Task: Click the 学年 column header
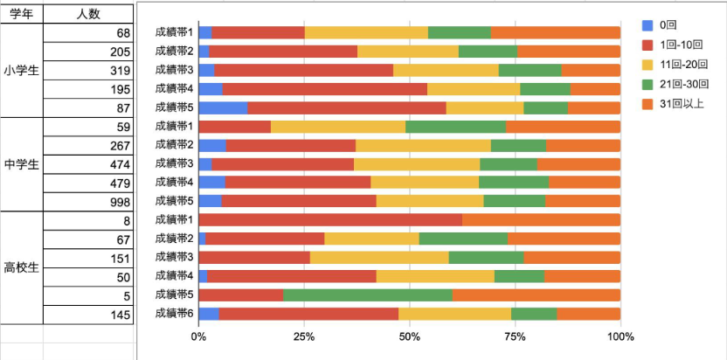click(22, 13)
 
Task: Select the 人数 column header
click(87, 13)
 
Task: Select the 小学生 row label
click(22, 70)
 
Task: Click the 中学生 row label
click(22, 163)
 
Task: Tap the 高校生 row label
click(22, 267)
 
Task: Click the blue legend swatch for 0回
click(647, 25)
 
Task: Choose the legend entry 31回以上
click(682, 104)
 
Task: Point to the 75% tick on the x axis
click(515, 336)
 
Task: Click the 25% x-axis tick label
click(304, 336)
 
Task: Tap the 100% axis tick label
click(620, 336)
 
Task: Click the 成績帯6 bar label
click(174, 313)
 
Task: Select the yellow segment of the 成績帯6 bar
click(454, 313)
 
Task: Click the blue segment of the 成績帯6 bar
click(209, 313)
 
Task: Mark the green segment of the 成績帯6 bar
click(534, 313)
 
